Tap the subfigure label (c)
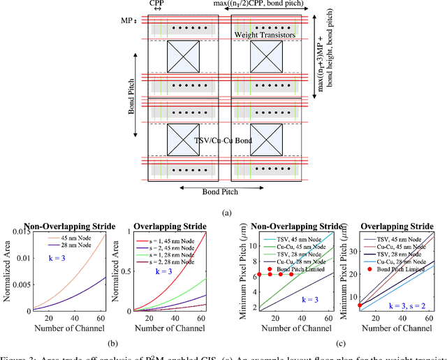pyautogui.click(x=337, y=344)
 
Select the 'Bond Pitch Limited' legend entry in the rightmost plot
pyautogui.click(x=402, y=269)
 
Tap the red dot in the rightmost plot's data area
pyautogui.click(x=360, y=305)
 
